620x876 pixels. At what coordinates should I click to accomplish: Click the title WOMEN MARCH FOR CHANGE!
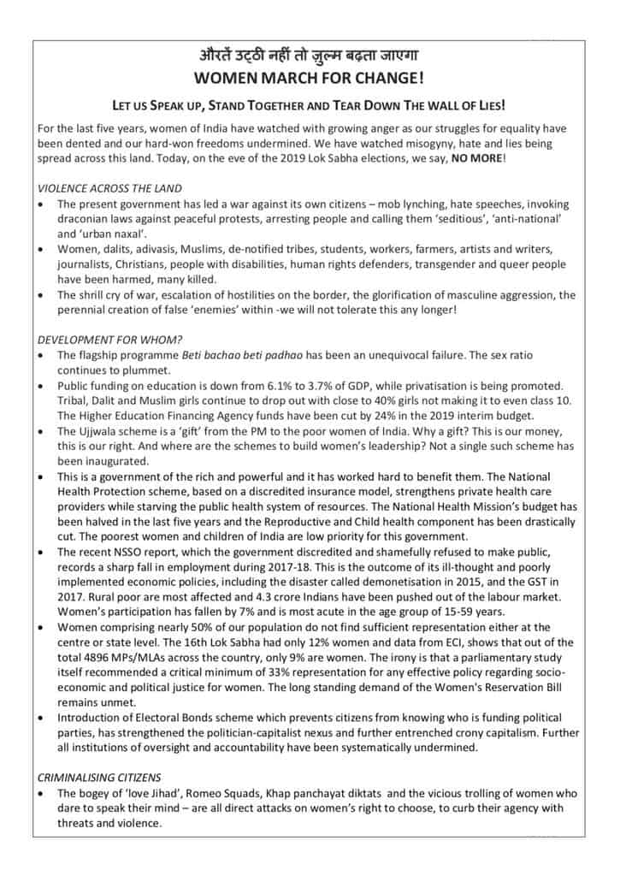(310, 80)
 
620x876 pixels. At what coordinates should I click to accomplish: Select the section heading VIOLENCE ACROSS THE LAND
(109, 187)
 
